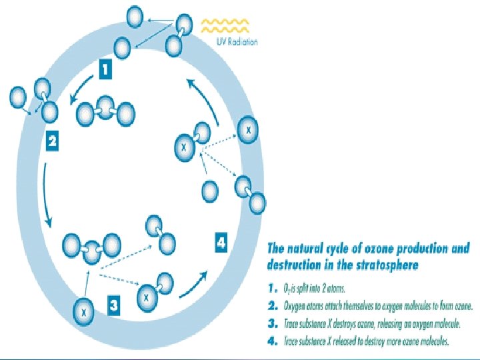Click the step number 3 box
coord(115,305)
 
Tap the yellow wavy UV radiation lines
coord(225,25)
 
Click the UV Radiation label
coord(237,42)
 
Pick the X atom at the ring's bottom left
coord(84,311)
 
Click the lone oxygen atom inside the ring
coord(209,191)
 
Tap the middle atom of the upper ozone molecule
coord(105,105)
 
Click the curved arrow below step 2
coord(45,193)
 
